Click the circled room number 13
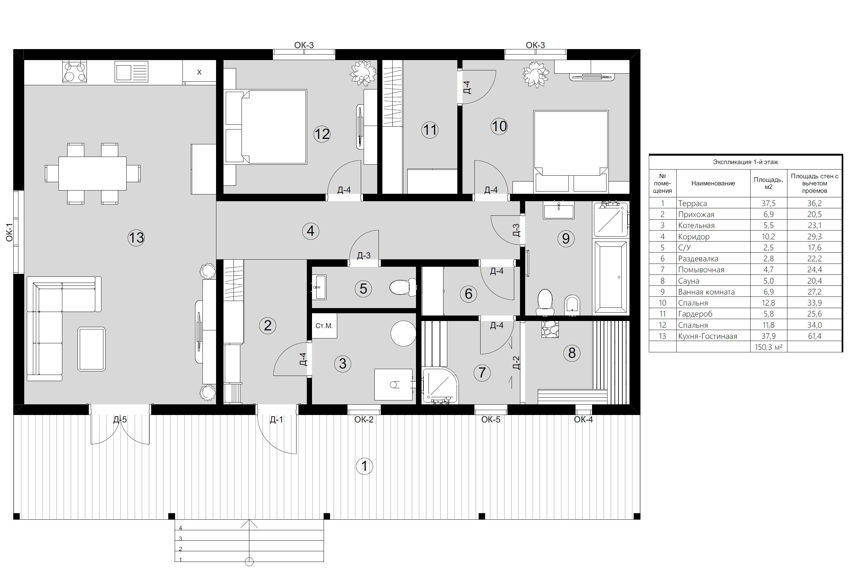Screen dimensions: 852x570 136,238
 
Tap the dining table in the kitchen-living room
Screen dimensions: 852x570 92,173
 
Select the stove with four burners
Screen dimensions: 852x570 75,72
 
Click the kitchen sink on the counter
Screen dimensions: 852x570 131,71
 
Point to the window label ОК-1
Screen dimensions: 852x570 9,232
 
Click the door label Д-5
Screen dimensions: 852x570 120,420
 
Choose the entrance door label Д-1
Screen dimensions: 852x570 276,420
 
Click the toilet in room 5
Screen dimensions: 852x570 403,287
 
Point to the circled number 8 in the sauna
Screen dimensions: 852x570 572,353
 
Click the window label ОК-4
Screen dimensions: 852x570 583,420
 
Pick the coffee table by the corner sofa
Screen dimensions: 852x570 92,349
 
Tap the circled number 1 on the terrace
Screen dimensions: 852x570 364,466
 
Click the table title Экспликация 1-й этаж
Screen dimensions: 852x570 745,162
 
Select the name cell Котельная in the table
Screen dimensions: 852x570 696,225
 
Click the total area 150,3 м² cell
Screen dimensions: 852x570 768,347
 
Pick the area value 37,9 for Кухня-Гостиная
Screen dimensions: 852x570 768,336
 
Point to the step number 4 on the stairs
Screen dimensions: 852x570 180,528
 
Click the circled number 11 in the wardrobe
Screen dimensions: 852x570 430,130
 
